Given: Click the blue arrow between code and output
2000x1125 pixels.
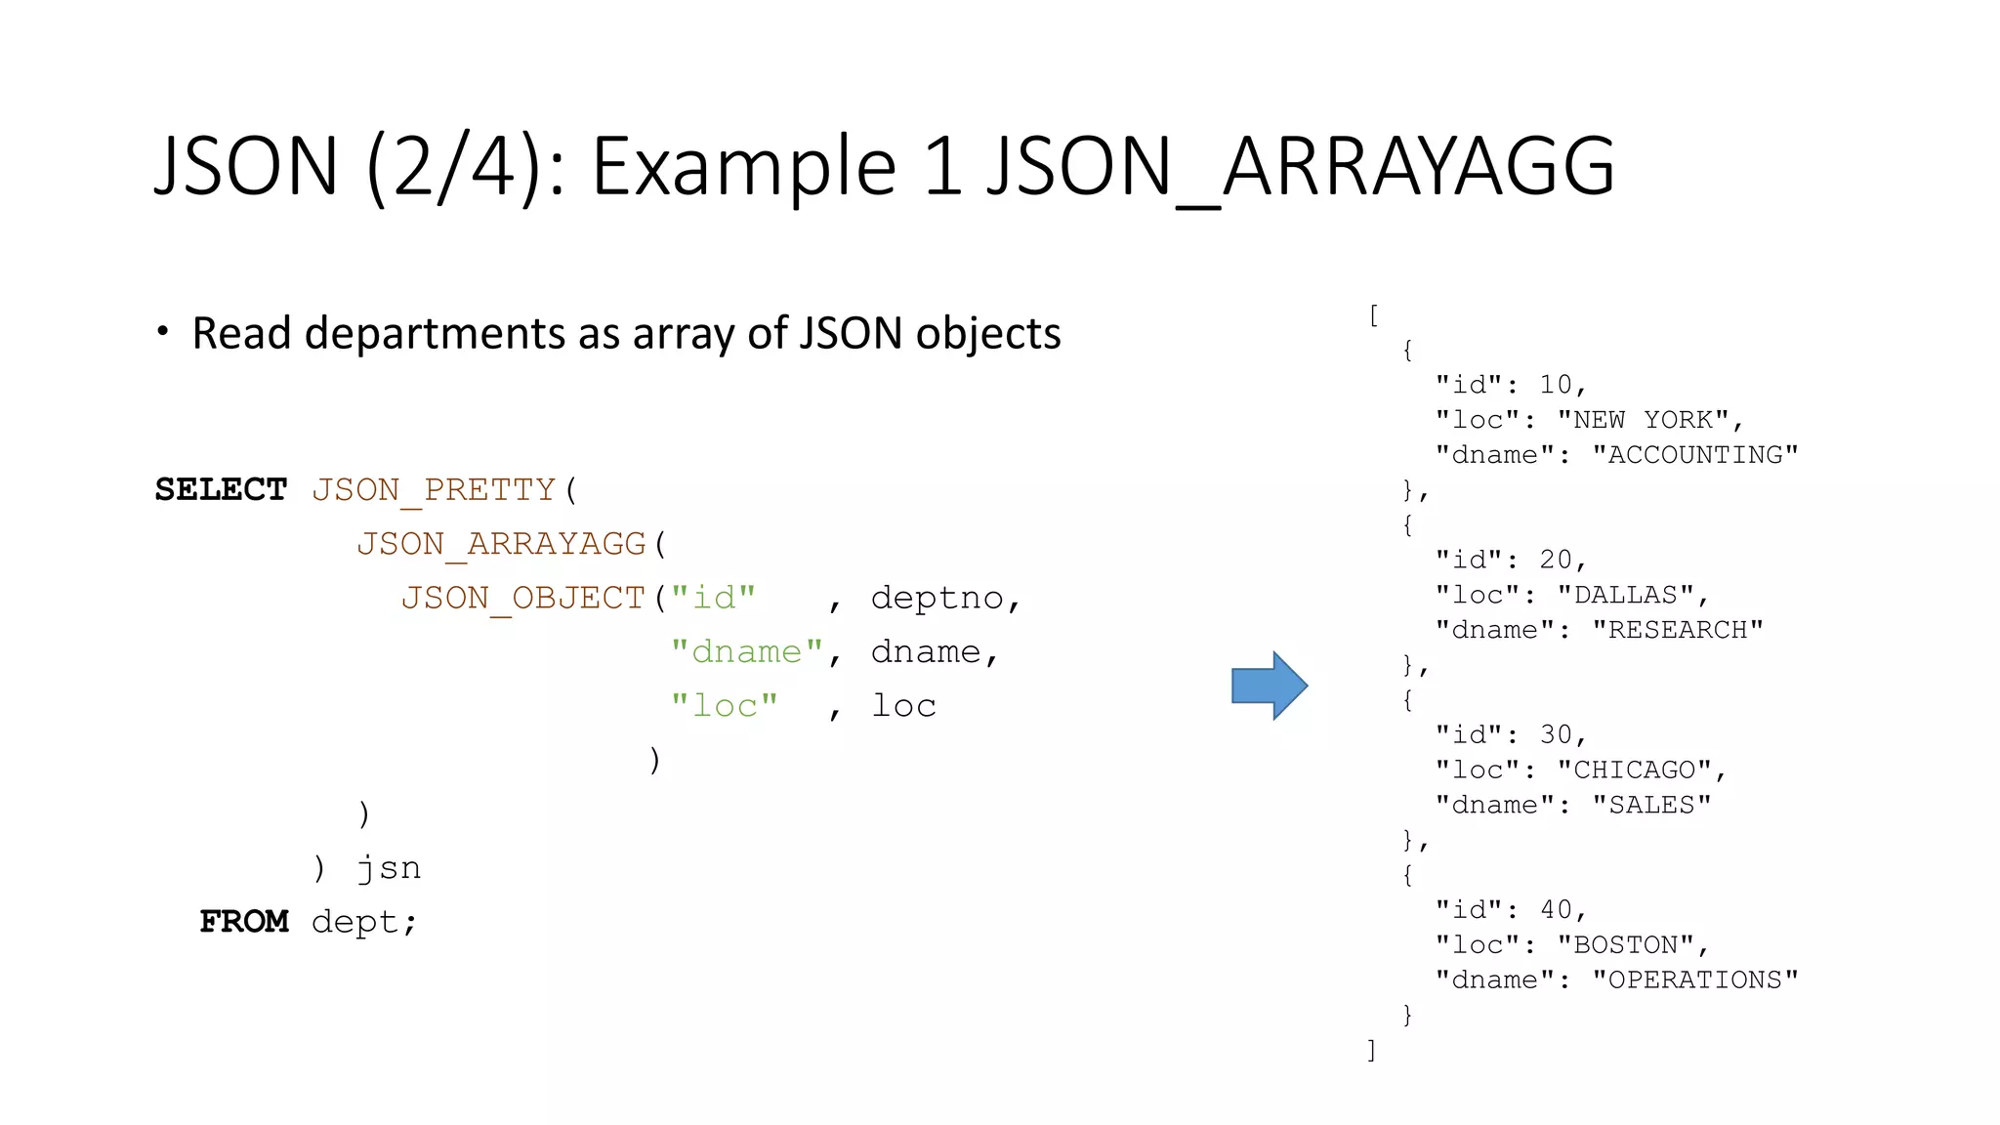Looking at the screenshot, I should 1269,686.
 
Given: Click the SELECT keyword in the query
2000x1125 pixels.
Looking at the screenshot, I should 222,489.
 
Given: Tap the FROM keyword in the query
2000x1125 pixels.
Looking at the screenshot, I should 244,921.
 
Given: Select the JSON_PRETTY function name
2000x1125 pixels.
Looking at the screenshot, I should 434,489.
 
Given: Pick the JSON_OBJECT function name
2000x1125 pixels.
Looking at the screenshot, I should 523,598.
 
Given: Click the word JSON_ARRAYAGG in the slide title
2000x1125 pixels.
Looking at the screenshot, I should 1300,166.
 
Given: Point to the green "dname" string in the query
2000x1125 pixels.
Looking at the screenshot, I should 747,651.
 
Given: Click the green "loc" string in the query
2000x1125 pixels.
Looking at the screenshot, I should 724,705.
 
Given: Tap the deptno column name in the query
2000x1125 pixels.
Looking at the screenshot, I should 937,598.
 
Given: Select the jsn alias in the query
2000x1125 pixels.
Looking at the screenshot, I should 389,867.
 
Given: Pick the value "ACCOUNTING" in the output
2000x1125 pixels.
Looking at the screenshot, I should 1694,455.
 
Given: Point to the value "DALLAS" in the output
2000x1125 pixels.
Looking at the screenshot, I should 1625,595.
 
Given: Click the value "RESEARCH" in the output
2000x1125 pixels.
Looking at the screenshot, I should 1677,630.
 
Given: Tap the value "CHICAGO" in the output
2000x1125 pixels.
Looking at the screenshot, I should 1634,770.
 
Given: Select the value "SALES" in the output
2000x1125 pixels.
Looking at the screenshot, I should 1650,805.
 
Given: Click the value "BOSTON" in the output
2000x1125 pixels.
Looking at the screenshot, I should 1625,944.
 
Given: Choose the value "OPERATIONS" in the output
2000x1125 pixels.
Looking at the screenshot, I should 1694,979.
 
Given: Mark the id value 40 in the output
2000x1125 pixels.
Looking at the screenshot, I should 1556,909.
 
